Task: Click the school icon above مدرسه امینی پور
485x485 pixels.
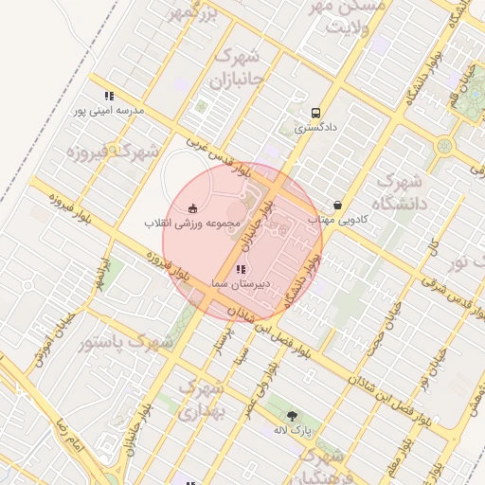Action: pos(110,96)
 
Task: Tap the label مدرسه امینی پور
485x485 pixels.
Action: pos(110,111)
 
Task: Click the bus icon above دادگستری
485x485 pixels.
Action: pos(315,111)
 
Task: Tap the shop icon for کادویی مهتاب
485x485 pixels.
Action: pos(338,205)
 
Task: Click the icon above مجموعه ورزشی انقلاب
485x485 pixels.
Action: pos(193,208)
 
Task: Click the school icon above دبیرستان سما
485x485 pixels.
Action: pos(240,270)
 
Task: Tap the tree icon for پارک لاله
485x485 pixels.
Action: pos(292,415)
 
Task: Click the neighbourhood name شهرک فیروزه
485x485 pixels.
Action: pos(105,151)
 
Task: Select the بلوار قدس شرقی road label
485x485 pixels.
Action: pos(440,273)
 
